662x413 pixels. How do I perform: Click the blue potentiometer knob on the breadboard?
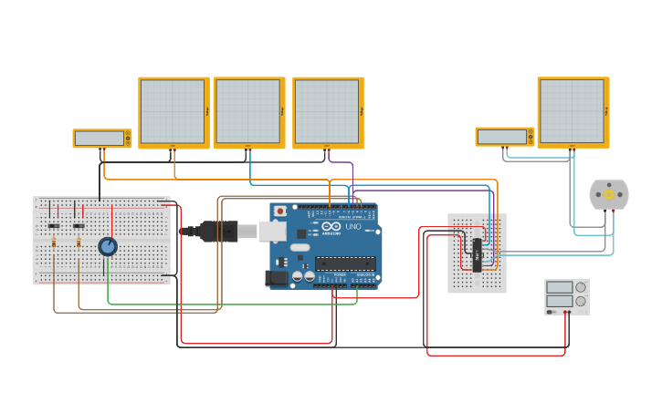tap(108, 247)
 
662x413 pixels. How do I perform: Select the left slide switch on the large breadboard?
tap(54, 225)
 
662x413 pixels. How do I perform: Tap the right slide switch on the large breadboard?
tap(79, 225)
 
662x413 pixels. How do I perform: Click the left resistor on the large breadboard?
tap(54, 243)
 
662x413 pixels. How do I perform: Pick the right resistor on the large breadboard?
tap(79, 243)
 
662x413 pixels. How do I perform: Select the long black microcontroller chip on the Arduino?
tap(344, 263)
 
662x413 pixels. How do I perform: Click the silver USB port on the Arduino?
tap(272, 231)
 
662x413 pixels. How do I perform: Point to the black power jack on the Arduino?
tap(275, 277)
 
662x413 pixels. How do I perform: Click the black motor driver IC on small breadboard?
tap(477, 253)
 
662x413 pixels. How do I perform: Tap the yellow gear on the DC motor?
tap(609, 194)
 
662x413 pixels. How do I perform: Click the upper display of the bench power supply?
tap(560, 287)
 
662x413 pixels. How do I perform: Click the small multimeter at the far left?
tap(102, 138)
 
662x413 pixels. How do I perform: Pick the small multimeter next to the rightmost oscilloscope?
tap(504, 136)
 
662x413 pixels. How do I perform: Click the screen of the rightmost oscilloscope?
tap(571, 110)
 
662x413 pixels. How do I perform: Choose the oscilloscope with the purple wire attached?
tap(327, 111)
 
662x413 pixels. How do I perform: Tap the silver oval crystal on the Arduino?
tap(299, 248)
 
